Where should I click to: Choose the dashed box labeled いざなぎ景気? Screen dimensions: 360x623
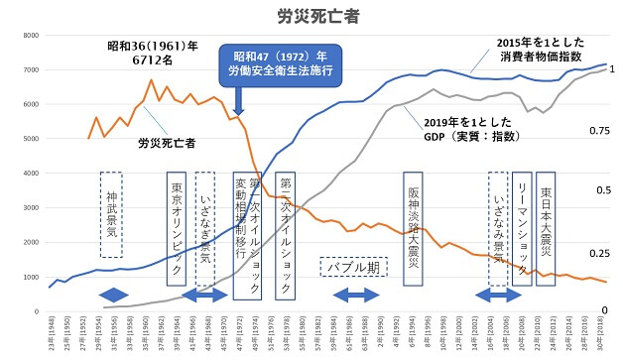pos(204,227)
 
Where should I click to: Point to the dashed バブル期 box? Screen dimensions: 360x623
pos(353,268)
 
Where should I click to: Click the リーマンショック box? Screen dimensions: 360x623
pos(522,227)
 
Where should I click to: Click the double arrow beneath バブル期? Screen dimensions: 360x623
pos(355,296)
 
